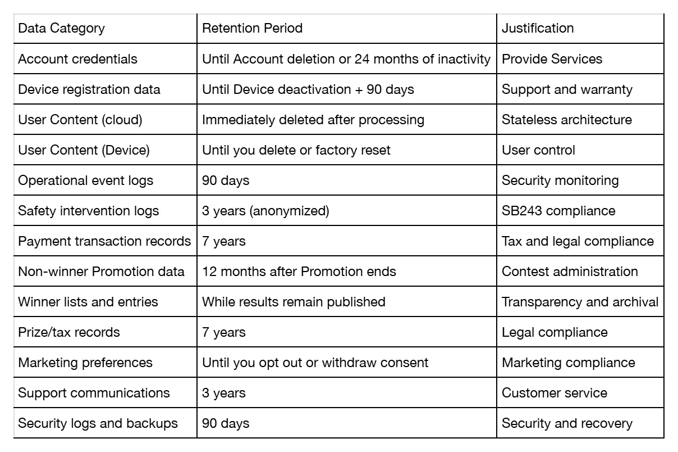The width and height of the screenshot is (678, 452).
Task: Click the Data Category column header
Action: pos(61,29)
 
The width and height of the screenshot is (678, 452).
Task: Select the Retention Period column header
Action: pos(252,28)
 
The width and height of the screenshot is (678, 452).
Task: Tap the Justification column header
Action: pos(538,28)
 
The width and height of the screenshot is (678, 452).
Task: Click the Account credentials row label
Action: pos(77,59)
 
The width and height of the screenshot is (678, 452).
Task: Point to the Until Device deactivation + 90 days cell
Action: pos(308,89)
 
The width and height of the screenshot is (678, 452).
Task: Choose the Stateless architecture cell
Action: pos(567,120)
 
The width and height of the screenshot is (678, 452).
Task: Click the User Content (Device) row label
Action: pos(84,150)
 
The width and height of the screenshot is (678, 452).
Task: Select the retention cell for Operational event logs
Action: pos(226,180)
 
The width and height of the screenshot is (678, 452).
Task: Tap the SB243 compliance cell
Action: pos(558,211)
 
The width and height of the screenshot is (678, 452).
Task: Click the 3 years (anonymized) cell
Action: pos(265,211)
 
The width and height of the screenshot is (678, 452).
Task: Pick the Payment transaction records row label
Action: pos(104,241)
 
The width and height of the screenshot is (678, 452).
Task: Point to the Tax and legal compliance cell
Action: pos(578,241)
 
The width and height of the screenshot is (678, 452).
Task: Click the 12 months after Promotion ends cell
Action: pos(299,272)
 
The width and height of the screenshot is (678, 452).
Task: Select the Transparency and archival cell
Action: pos(580,302)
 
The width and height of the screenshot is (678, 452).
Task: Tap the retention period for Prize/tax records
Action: pos(224,332)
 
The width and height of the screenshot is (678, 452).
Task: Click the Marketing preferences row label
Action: pos(85,363)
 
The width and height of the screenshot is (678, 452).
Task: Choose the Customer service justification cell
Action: pos(554,393)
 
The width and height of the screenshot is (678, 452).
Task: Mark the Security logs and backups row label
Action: pos(98,423)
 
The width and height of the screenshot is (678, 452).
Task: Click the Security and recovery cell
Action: pos(567,423)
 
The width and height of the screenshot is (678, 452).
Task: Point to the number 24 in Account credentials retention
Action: pos(362,59)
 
